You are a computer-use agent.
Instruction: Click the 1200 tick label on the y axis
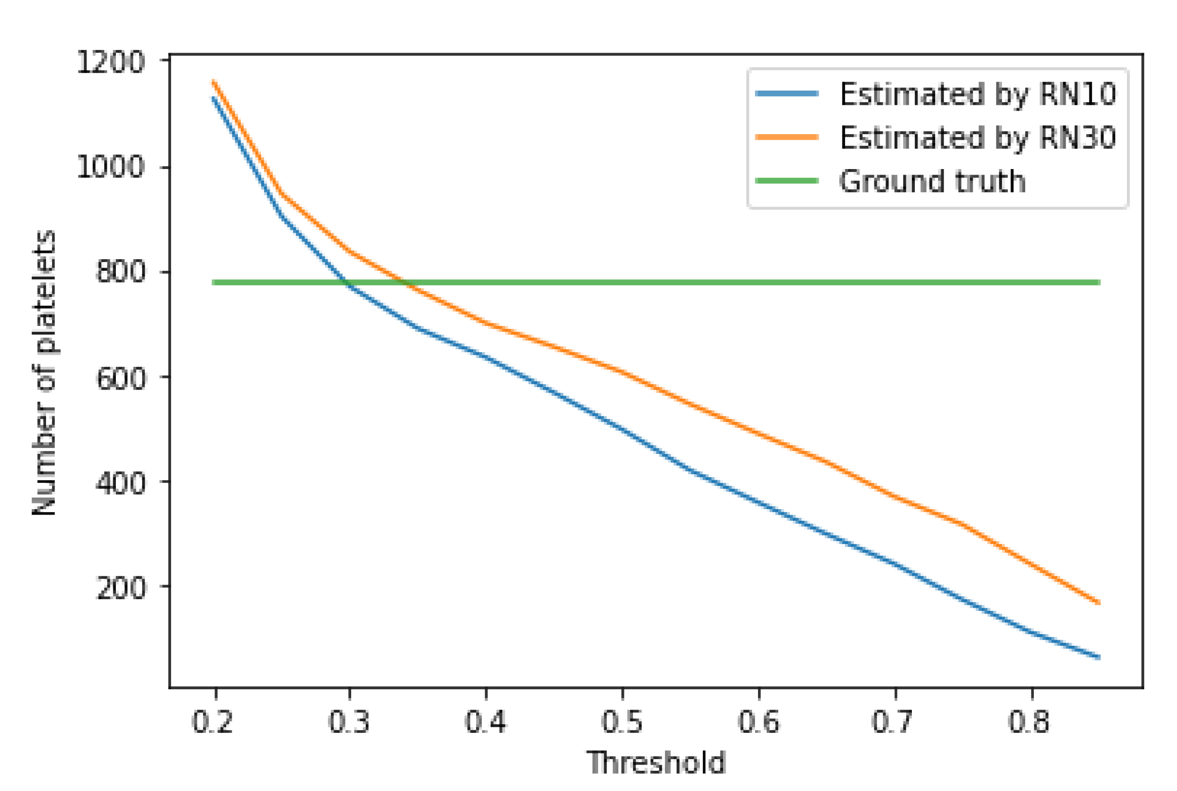(x=110, y=63)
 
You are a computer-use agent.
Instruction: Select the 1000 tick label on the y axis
(x=110, y=166)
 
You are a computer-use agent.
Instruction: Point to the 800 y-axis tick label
(x=120, y=271)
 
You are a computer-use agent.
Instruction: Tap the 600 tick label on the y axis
(x=120, y=378)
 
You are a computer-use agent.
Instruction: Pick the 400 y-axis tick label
(x=120, y=483)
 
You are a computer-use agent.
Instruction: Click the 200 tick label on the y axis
(x=120, y=588)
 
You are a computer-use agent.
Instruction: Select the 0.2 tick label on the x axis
(x=213, y=722)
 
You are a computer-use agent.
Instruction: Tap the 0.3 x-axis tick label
(x=349, y=722)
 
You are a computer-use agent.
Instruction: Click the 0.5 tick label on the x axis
(x=621, y=722)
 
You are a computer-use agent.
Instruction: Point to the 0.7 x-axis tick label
(x=892, y=722)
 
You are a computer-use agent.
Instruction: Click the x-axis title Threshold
(x=656, y=763)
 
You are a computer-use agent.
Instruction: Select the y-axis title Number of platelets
(x=45, y=373)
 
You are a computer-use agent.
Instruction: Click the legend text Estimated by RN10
(x=977, y=94)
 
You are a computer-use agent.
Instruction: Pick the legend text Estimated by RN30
(x=977, y=138)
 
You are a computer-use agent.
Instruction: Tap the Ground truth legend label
(x=932, y=181)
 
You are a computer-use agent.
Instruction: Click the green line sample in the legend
(x=786, y=181)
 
